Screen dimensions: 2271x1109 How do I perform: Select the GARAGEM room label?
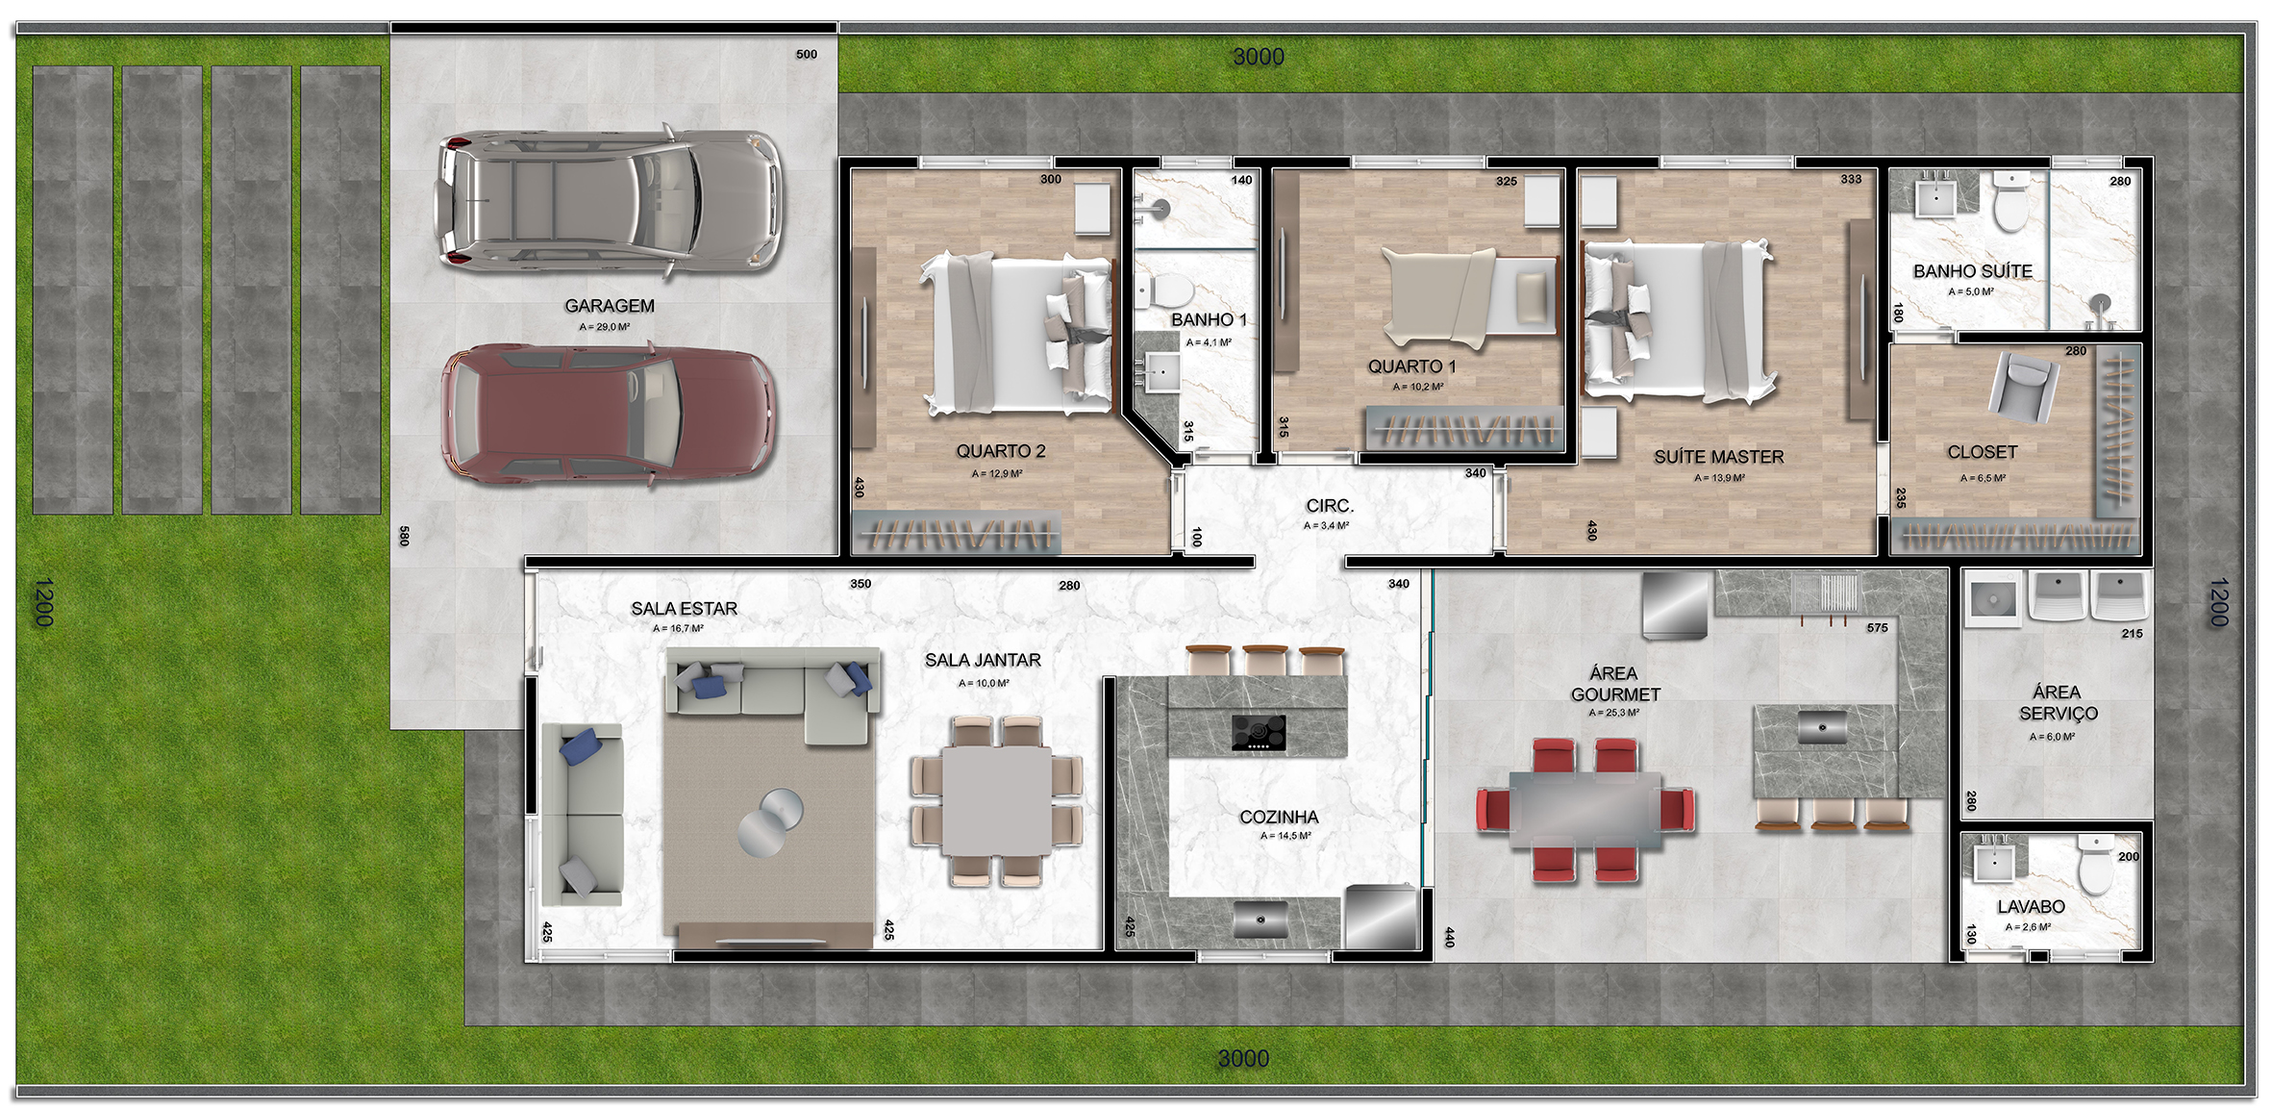pyautogui.click(x=610, y=306)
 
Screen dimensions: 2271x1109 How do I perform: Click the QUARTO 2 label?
pyautogui.click(x=1000, y=451)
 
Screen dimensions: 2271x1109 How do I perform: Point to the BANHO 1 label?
pyautogui.click(x=1209, y=319)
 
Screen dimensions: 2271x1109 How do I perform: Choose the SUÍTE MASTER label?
pyautogui.click(x=1719, y=457)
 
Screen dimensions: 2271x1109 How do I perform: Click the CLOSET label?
pyautogui.click(x=1983, y=452)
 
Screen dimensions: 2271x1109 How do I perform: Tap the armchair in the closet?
pyautogui.click(x=2023, y=386)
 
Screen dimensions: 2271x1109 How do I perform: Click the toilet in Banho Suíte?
pyautogui.click(x=2010, y=200)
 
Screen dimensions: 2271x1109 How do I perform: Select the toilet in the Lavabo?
pyautogui.click(x=2096, y=863)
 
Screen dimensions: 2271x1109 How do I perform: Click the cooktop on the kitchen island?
pyautogui.click(x=1259, y=733)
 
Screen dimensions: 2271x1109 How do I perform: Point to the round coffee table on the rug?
pyautogui.click(x=771, y=820)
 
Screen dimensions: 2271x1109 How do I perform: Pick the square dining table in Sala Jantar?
pyautogui.click(x=997, y=800)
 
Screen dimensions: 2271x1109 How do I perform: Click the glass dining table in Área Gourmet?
pyautogui.click(x=1585, y=809)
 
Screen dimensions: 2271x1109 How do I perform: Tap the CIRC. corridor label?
pyautogui.click(x=1330, y=506)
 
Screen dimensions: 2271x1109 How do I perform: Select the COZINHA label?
pyautogui.click(x=1279, y=817)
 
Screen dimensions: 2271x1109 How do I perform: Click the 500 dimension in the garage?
pyautogui.click(x=807, y=55)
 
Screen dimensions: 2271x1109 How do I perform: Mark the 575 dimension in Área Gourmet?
pyautogui.click(x=1878, y=628)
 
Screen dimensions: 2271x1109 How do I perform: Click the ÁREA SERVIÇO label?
pyautogui.click(x=2058, y=703)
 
